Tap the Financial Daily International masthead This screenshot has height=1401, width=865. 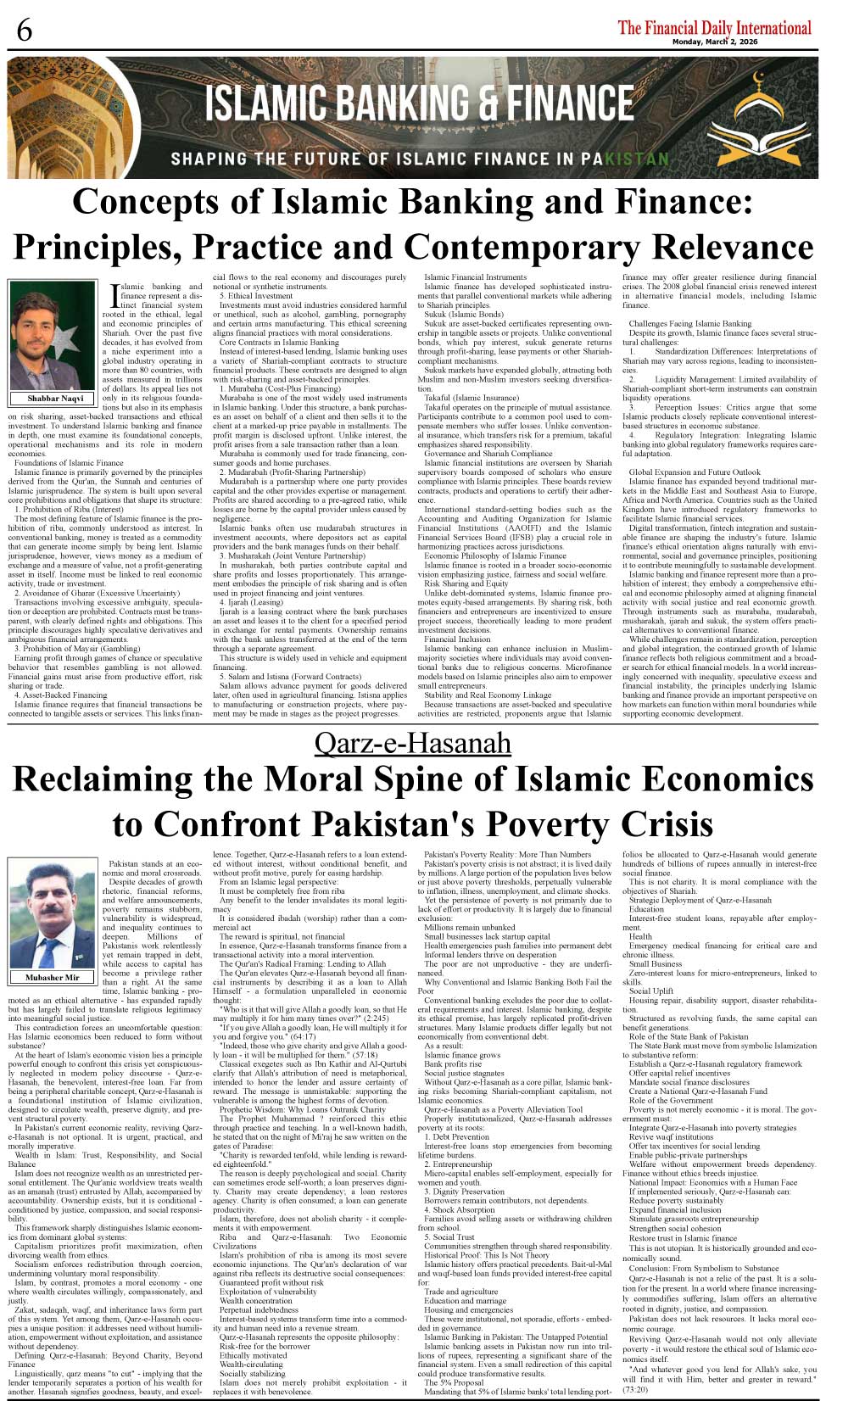click(x=714, y=27)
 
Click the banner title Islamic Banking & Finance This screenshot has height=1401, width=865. click(x=419, y=104)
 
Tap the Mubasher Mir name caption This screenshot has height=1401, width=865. click(x=52, y=977)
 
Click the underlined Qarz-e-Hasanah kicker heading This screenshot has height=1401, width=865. click(x=413, y=743)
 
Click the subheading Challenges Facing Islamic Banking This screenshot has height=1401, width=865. click(x=689, y=323)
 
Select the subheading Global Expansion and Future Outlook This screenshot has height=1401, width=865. click(x=695, y=472)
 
